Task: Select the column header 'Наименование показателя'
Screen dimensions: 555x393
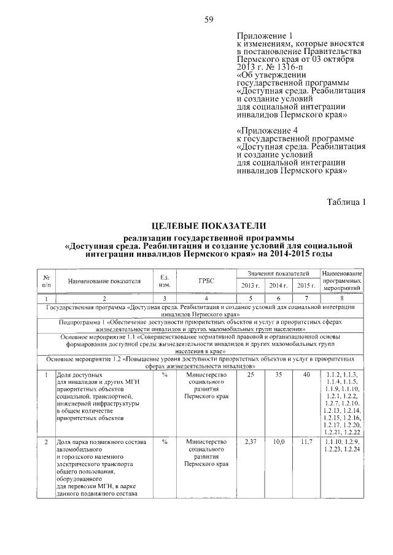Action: coord(104,281)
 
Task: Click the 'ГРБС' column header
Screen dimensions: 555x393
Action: coord(206,281)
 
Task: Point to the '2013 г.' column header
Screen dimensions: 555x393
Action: coord(251,286)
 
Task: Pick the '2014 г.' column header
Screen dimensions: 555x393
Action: coord(278,286)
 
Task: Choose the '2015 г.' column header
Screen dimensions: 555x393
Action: coord(306,286)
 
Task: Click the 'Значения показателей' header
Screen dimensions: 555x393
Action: coord(278,273)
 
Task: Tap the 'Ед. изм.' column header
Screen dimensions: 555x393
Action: coord(165,281)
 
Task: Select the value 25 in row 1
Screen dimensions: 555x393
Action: coord(251,375)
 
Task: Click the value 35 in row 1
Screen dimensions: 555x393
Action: coord(278,375)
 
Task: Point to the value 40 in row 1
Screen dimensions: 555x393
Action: coord(306,375)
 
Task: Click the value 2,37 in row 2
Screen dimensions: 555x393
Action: coord(251,442)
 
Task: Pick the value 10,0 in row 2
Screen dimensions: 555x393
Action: coord(278,442)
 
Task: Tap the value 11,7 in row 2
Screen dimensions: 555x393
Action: coord(306,442)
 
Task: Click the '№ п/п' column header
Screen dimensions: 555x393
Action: coord(47,281)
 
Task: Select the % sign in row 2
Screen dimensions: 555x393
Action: coord(165,442)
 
